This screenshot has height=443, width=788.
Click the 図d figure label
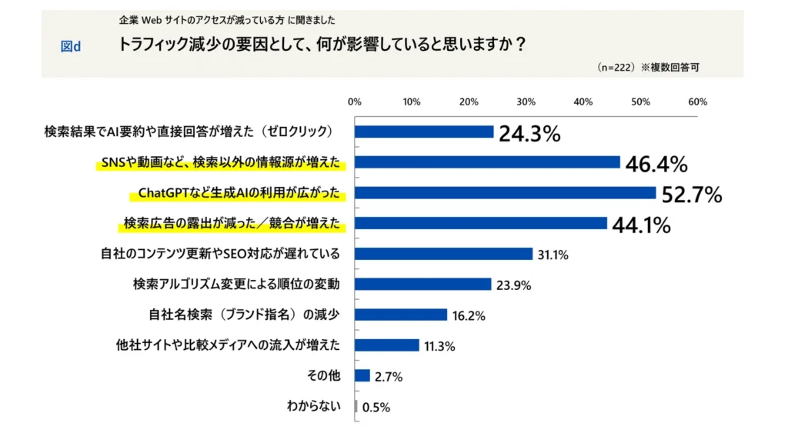[x=71, y=46]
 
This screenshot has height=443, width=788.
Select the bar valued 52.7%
[x=505, y=193]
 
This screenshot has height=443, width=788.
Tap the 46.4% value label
[x=656, y=165]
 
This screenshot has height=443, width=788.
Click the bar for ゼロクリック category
[x=424, y=132]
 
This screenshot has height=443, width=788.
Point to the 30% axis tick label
[x=526, y=102]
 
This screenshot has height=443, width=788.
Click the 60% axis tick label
[x=697, y=102]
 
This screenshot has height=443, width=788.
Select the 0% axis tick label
[x=355, y=102]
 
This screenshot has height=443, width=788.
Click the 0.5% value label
[x=376, y=408]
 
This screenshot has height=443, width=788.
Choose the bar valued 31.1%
[x=443, y=254]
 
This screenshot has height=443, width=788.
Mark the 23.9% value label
[x=512, y=285]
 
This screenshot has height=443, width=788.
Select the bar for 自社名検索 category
[x=401, y=315]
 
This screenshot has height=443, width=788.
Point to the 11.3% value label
[x=439, y=346]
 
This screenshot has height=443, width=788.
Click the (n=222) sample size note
[x=615, y=67]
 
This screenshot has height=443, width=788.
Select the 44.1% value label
[x=642, y=225]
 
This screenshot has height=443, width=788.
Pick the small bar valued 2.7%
[x=362, y=375]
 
